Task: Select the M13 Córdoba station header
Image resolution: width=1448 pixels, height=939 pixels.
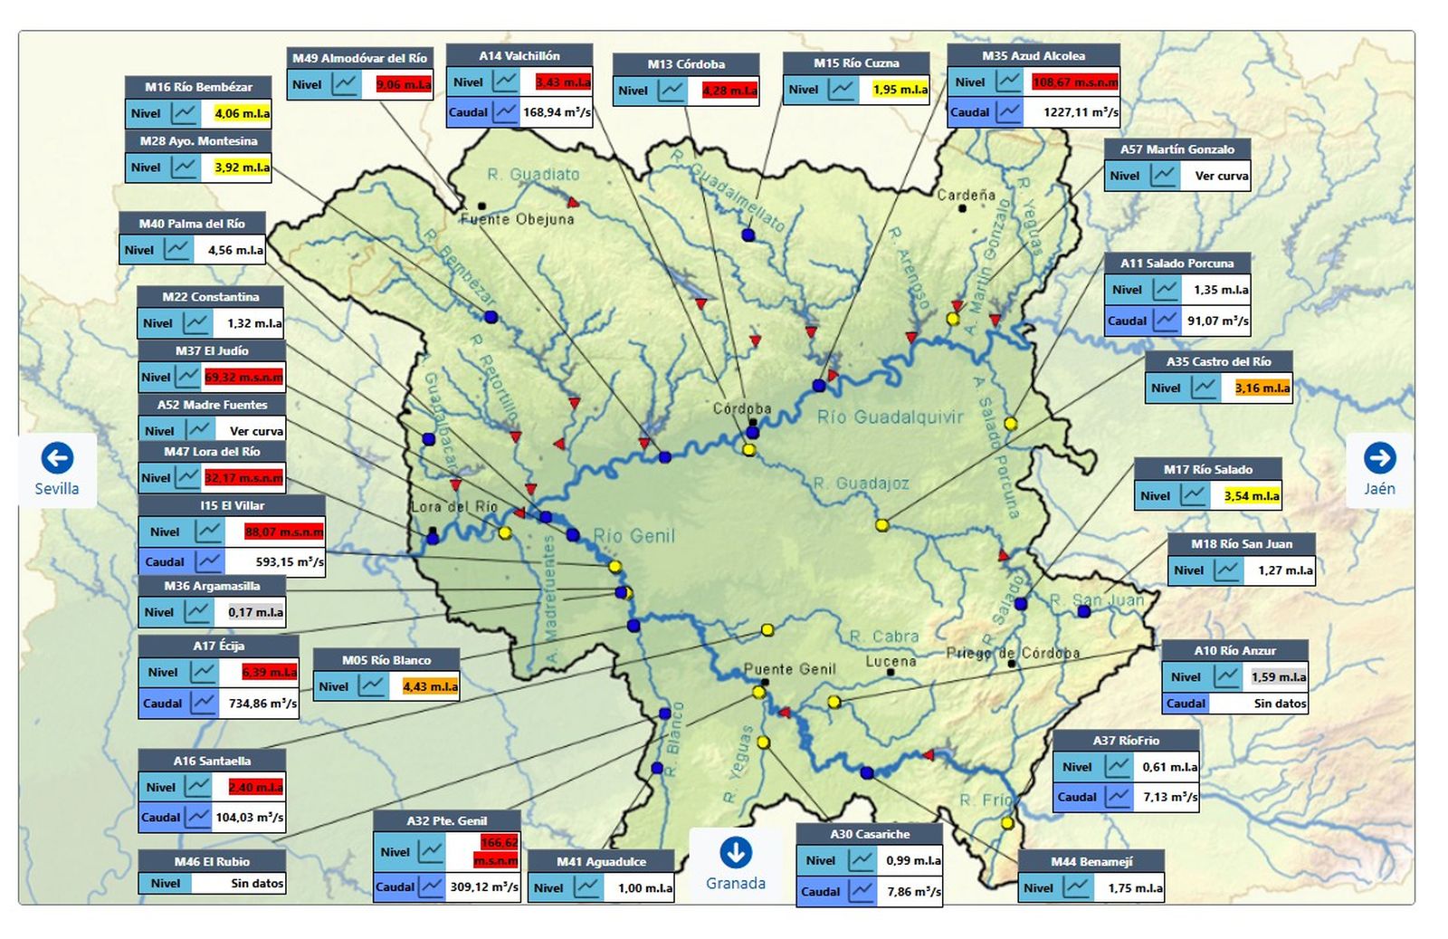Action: point(686,64)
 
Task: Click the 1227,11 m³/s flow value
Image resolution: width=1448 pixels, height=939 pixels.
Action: point(1081,112)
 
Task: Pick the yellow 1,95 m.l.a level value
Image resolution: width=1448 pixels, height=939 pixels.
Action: point(900,90)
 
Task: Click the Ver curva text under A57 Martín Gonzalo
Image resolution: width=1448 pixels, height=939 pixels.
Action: point(1221,176)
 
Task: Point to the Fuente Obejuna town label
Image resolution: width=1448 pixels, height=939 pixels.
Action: point(517,219)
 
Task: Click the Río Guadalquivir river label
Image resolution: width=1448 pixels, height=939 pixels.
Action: point(890,417)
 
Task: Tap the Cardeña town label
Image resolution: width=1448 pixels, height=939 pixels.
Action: point(966,195)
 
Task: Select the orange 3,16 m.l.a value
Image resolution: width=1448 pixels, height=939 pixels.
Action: point(1262,388)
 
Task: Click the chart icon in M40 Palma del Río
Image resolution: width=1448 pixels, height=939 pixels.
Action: point(178,250)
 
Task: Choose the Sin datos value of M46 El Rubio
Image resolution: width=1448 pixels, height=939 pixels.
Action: point(257,883)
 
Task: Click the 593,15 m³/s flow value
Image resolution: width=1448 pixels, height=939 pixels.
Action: point(289,561)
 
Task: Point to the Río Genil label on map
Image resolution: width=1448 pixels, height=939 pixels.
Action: point(633,536)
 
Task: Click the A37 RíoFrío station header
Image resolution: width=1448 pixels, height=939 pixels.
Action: point(1125,741)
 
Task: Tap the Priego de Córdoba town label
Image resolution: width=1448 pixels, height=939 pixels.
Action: point(1013,653)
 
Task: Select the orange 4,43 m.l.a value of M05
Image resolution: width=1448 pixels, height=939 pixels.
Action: point(430,686)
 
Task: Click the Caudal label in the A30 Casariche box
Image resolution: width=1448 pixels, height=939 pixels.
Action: point(820,891)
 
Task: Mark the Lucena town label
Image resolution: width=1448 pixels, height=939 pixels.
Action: point(891,662)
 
